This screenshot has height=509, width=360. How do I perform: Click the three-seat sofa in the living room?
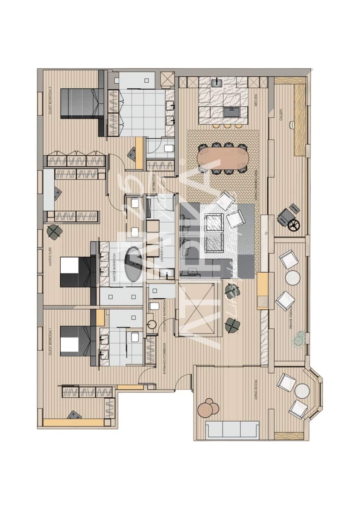click(x=232, y=429)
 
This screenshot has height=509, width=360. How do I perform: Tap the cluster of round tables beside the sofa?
click(x=208, y=408)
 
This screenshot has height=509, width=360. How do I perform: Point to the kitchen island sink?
click(x=231, y=112)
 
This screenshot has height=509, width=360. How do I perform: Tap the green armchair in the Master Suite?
click(x=54, y=232)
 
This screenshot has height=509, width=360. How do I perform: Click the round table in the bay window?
click(x=302, y=391)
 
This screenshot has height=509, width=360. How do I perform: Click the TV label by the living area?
click(x=266, y=232)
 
